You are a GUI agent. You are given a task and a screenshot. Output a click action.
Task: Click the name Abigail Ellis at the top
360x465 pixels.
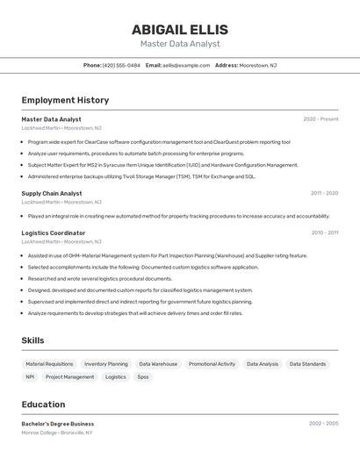point(179,29)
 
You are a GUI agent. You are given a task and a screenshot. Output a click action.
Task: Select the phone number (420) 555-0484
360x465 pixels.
point(121,65)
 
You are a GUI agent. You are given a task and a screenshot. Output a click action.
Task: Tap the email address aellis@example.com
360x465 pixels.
point(185,65)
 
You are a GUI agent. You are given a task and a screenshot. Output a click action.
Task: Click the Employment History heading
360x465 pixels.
point(65,100)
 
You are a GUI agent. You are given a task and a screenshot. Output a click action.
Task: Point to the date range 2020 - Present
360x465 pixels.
point(320,119)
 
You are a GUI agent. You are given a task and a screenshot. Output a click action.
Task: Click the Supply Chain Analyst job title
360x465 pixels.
point(52,193)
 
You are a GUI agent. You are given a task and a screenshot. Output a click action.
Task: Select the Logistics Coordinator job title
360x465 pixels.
point(54,232)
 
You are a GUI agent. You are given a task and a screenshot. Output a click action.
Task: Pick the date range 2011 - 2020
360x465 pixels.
point(324,193)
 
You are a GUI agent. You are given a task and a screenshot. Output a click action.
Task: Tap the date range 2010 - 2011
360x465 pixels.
point(324,232)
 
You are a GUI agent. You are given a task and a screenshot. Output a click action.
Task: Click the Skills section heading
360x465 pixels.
point(32,340)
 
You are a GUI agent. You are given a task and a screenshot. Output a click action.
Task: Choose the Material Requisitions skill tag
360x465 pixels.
point(49,363)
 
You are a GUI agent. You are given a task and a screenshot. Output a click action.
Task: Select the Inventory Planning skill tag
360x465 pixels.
point(106,363)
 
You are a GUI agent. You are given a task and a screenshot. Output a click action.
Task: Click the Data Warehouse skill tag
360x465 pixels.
point(158,363)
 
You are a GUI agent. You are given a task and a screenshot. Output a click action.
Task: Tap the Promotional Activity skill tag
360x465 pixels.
point(212,363)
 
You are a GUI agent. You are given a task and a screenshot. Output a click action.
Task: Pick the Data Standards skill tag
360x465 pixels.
point(307,363)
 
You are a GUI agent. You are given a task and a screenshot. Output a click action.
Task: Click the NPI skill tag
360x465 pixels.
point(30,376)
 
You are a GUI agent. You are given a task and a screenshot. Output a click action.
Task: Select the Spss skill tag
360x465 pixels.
point(142,376)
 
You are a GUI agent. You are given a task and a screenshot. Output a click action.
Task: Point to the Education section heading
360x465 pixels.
point(43,404)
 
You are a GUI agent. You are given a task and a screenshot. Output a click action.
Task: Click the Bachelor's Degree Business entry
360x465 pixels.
point(58,424)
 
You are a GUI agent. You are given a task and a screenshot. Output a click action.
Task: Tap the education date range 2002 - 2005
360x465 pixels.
point(323,424)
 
